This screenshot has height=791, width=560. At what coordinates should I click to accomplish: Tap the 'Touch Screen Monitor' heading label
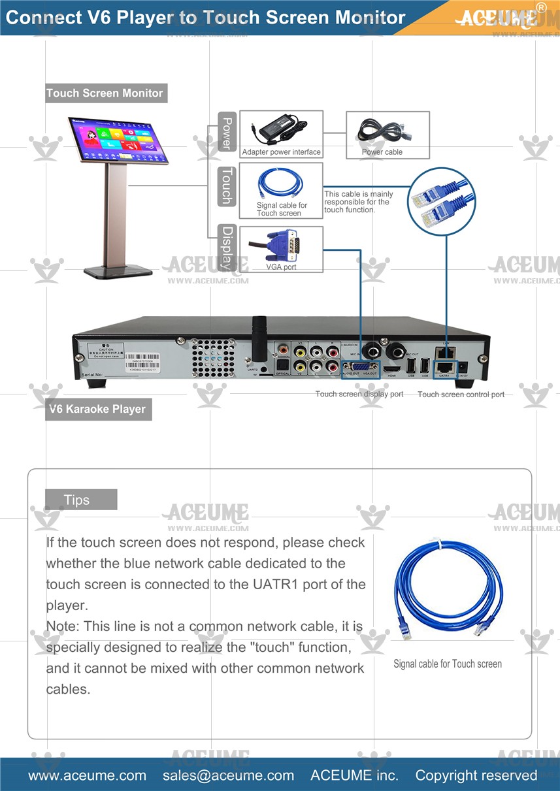click(x=105, y=93)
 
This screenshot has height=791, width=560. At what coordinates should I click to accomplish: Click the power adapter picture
click(x=281, y=129)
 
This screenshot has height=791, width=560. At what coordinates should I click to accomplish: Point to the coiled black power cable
click(x=382, y=130)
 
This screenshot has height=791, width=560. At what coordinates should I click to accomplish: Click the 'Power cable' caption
click(x=382, y=152)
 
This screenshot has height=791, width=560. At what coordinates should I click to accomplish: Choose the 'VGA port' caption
click(x=281, y=267)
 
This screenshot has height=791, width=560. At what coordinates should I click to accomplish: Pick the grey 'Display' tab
click(x=227, y=248)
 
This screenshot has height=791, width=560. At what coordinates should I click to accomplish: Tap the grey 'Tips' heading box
click(x=81, y=500)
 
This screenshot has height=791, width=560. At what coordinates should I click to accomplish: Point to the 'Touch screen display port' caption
click(x=359, y=394)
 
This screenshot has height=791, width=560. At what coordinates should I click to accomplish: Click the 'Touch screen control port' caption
click(x=461, y=394)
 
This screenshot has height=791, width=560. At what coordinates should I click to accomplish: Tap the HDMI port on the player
click(x=393, y=368)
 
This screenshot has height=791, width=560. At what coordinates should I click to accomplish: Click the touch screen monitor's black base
click(x=118, y=270)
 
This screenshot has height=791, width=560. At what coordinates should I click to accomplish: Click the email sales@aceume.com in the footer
click(x=228, y=775)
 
